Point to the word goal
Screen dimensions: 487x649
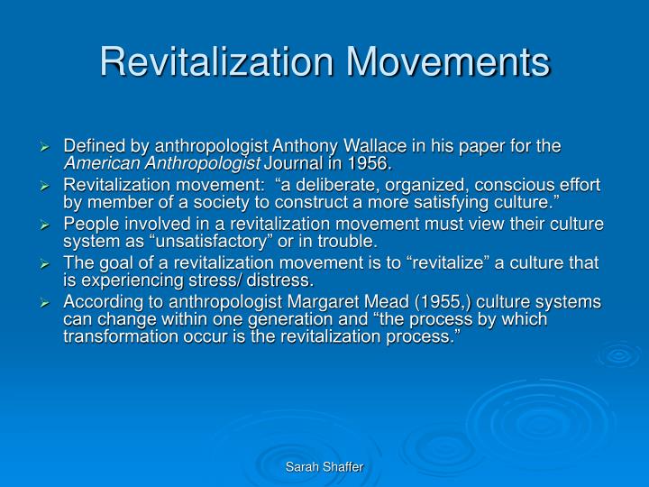(112, 262)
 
